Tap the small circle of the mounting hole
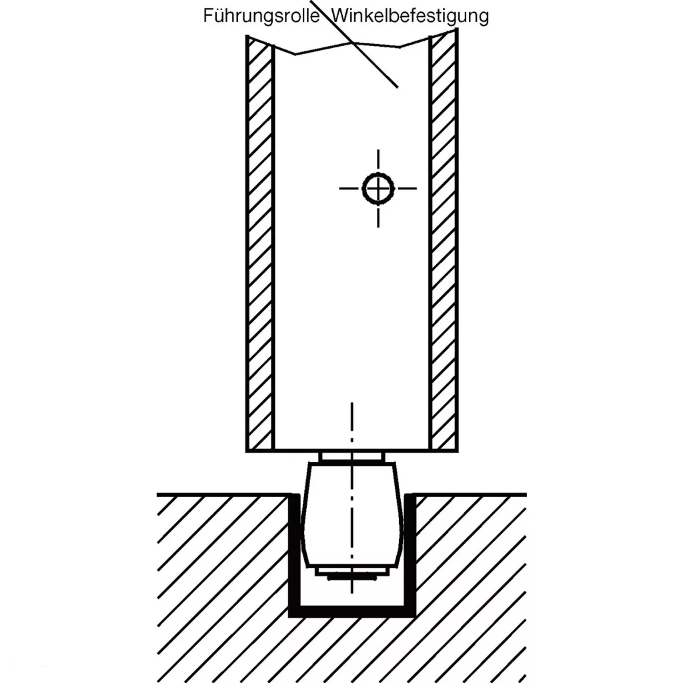[x=378, y=188]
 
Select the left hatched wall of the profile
[x=260, y=247]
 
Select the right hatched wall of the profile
[x=444, y=247]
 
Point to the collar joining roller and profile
[x=352, y=458]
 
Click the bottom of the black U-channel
[x=352, y=611]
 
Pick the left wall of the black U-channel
[x=293, y=554]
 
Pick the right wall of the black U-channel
[x=411, y=554]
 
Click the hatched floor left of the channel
[x=220, y=587]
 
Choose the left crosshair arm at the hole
[x=350, y=188]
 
